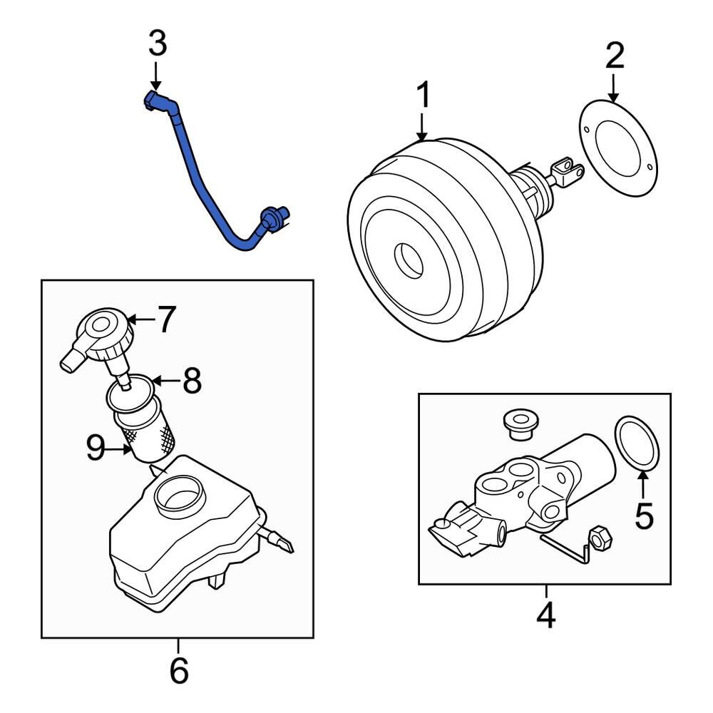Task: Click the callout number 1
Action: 423,96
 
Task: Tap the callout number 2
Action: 614,56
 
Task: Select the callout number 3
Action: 157,43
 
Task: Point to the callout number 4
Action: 545,616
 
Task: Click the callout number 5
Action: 644,515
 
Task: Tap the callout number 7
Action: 165,320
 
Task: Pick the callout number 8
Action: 192,381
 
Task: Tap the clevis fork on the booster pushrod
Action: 568,172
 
